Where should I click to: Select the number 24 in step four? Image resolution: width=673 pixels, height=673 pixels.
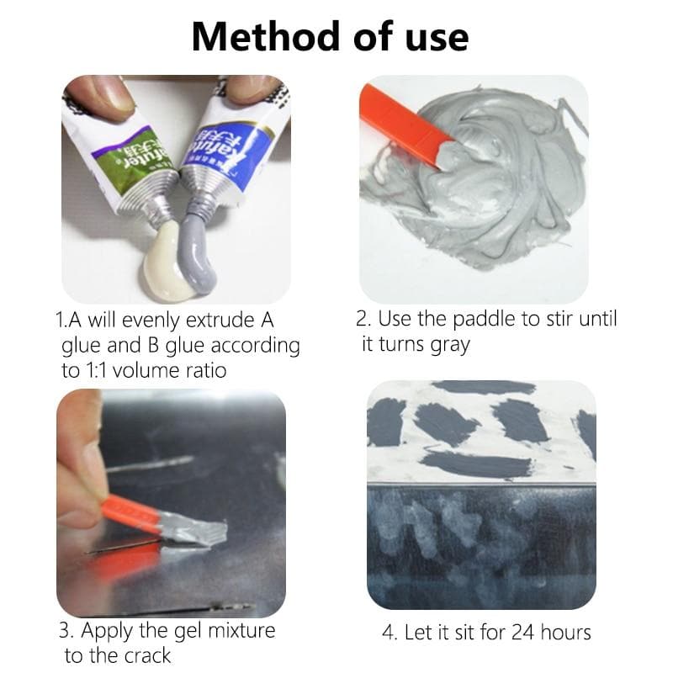point(522,632)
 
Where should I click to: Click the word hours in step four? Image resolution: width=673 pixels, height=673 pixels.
point(566,632)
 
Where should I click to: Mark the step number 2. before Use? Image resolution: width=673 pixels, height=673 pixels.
point(363,320)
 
